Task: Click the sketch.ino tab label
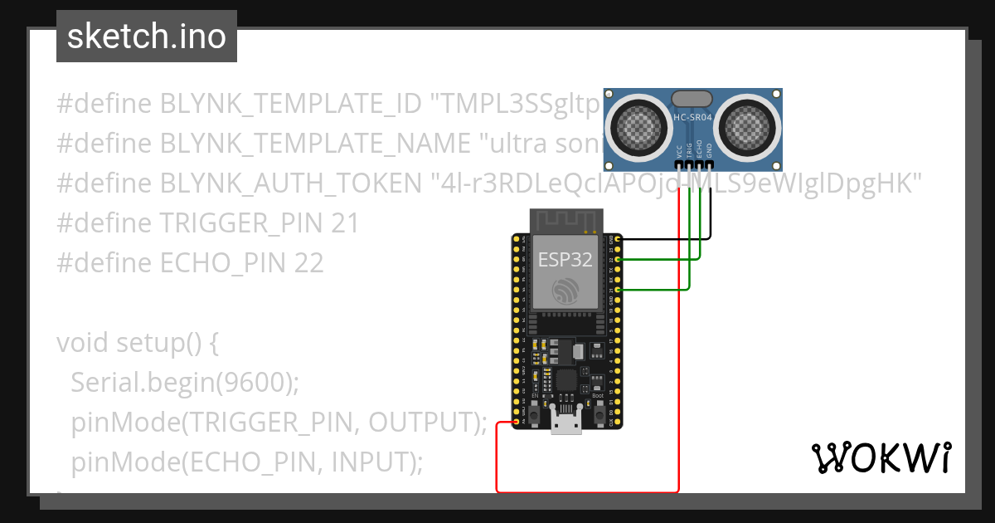click(x=146, y=37)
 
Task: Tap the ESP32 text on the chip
click(x=565, y=259)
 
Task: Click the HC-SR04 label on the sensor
click(x=693, y=118)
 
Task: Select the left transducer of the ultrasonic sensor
click(x=640, y=126)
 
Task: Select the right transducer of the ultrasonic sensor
click(x=746, y=126)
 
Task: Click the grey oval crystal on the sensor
click(x=693, y=98)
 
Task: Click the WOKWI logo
click(x=881, y=458)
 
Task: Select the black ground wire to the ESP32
click(x=663, y=239)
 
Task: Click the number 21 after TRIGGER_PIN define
click(x=343, y=222)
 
